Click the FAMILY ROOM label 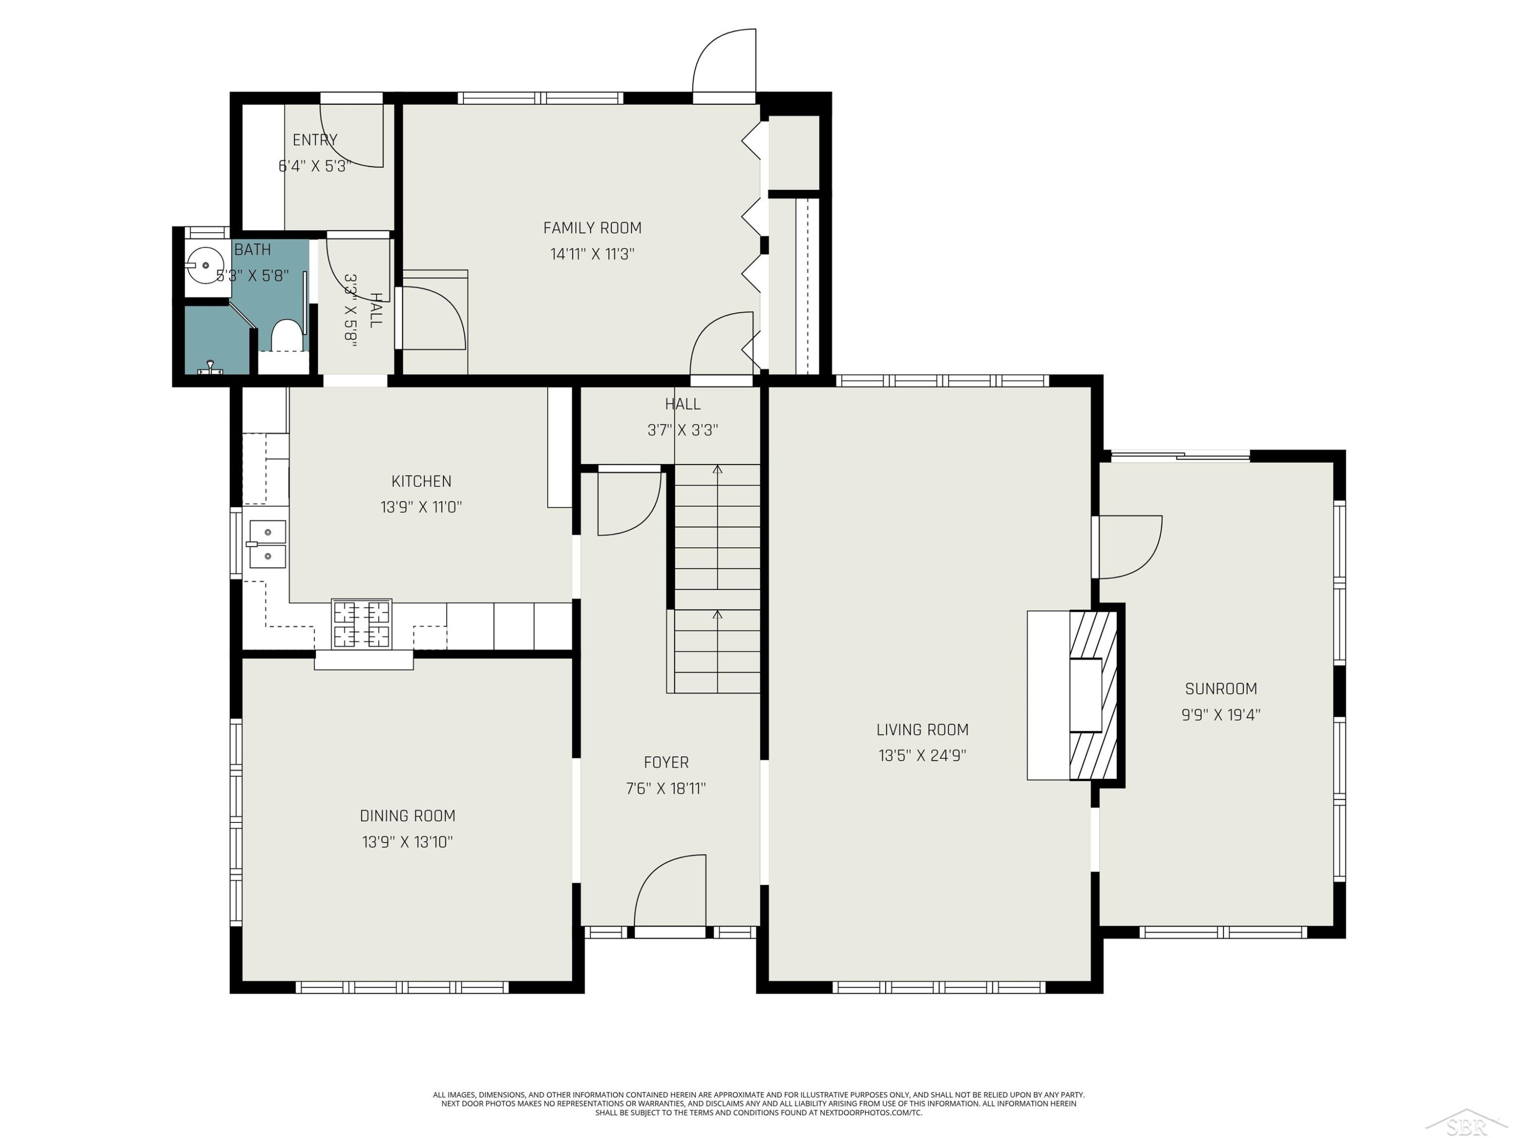pos(592,228)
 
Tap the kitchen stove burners pos(362,624)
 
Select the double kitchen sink pos(267,544)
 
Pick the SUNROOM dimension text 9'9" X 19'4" pos(1221,715)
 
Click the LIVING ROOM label pos(922,729)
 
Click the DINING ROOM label pos(408,816)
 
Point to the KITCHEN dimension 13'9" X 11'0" pos(421,507)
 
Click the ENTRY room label pos(315,140)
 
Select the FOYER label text pos(666,762)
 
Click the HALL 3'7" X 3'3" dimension pos(683,430)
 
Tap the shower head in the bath pos(210,368)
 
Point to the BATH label pos(252,250)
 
